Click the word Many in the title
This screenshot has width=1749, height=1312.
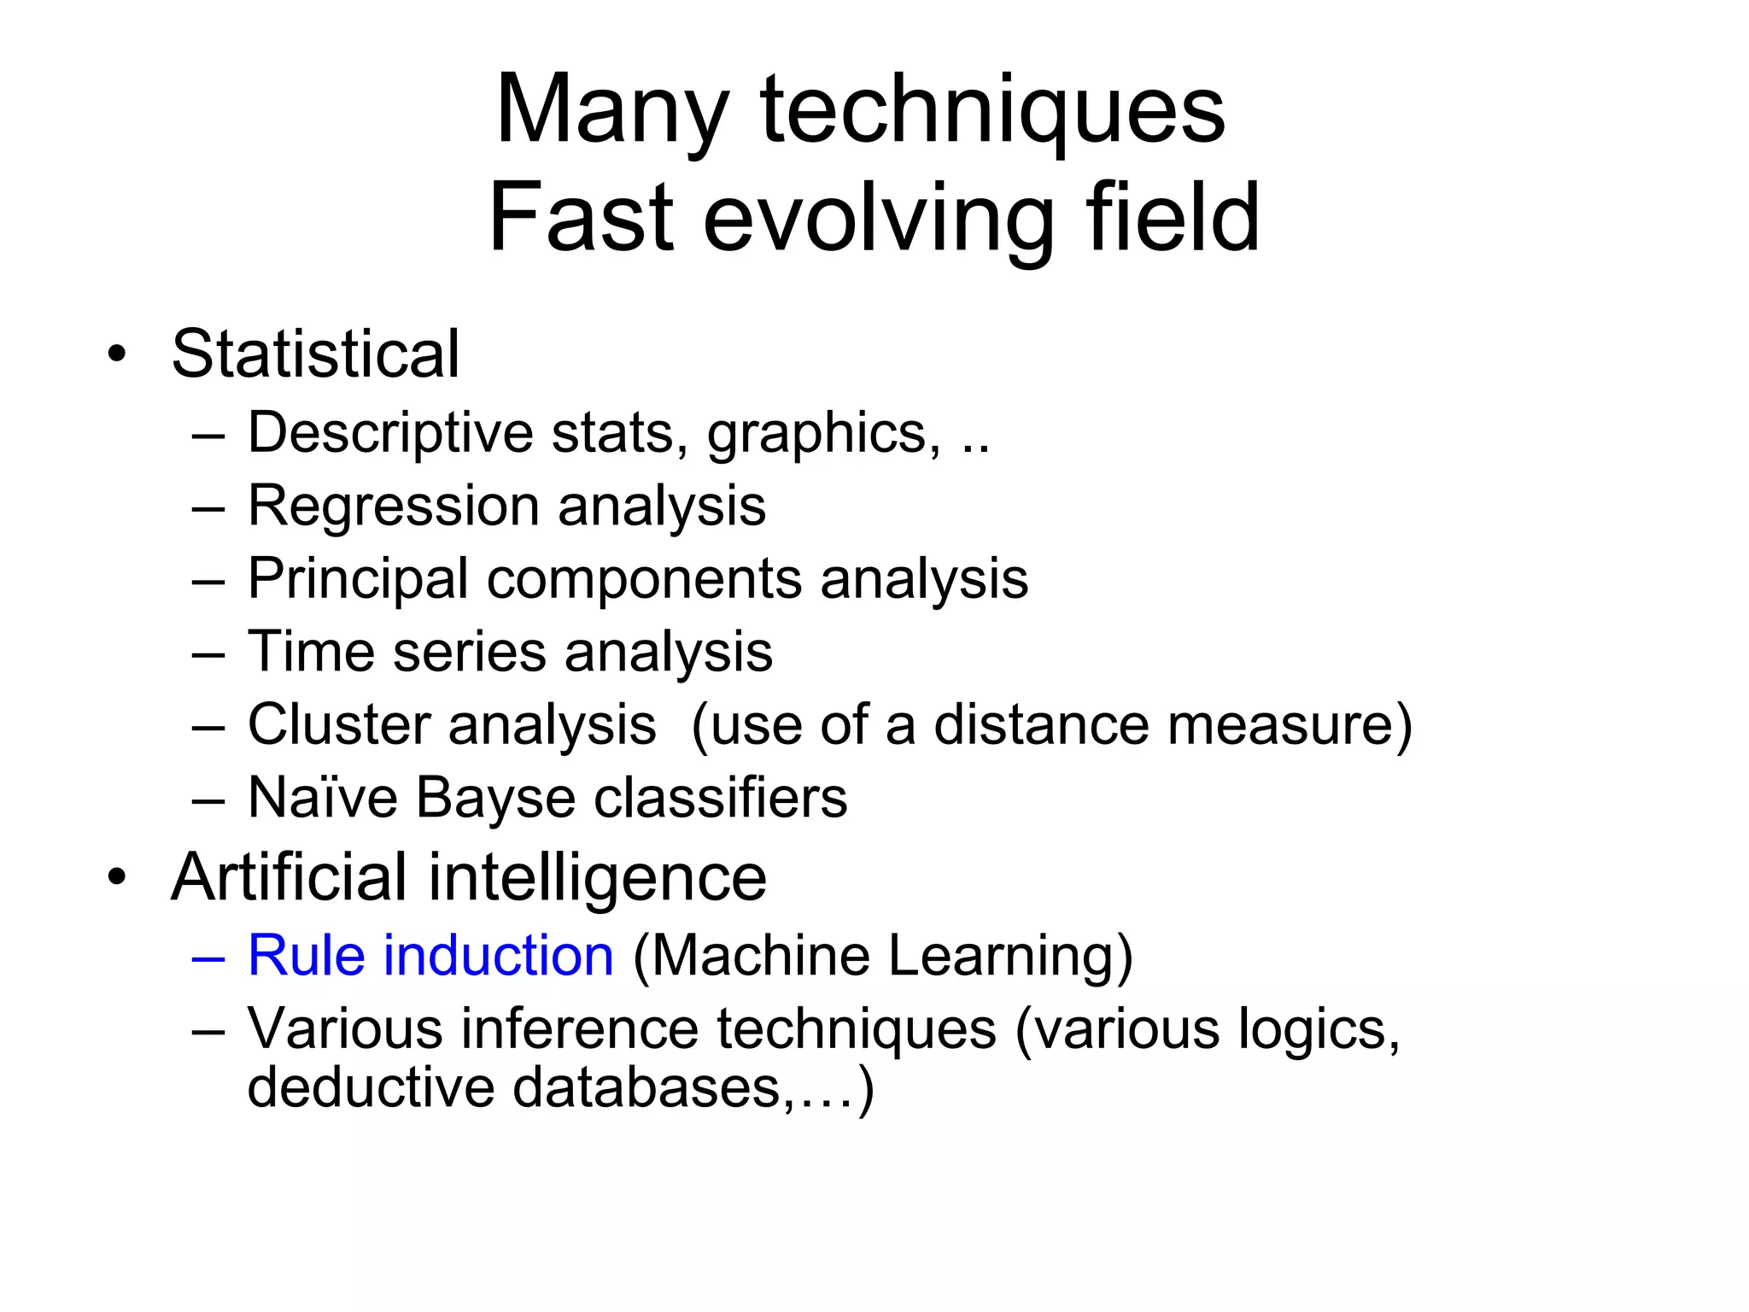(x=611, y=111)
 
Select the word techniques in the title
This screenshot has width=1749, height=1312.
(x=992, y=111)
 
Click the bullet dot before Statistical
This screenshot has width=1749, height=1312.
(x=117, y=354)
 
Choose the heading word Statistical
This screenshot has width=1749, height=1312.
(x=315, y=354)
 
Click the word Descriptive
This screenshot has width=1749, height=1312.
(x=390, y=432)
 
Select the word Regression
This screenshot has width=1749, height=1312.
(x=393, y=506)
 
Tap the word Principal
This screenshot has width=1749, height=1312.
(x=358, y=579)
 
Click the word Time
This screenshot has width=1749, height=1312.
(x=311, y=652)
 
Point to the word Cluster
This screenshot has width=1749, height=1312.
(x=338, y=725)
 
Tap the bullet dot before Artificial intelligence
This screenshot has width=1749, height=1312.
(x=117, y=877)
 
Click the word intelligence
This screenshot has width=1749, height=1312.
(x=597, y=877)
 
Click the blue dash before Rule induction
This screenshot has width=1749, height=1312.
(x=208, y=958)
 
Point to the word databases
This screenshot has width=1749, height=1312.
(x=646, y=1087)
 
